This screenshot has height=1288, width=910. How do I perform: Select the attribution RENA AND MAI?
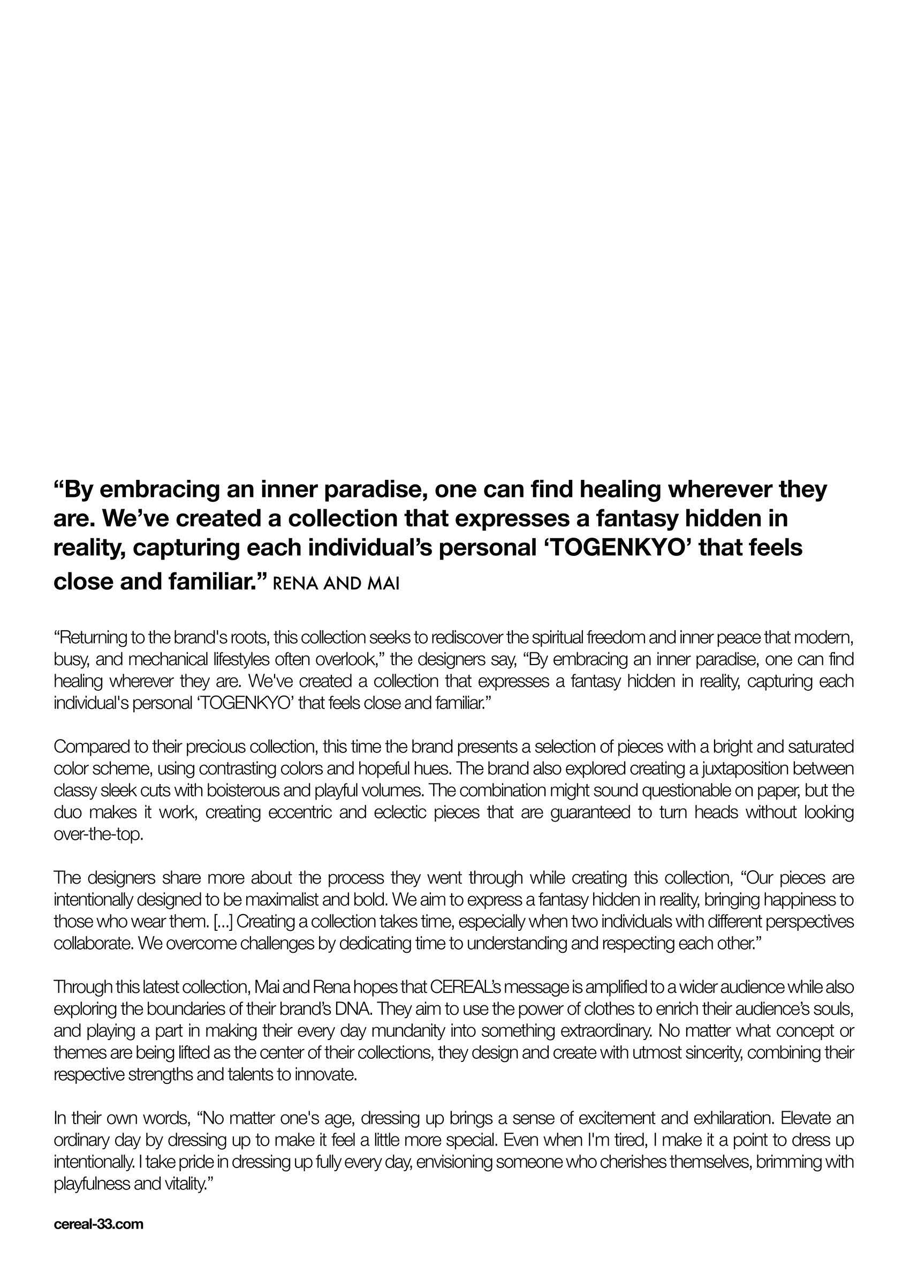tap(336, 584)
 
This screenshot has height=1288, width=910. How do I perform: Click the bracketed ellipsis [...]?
tap(224, 922)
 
